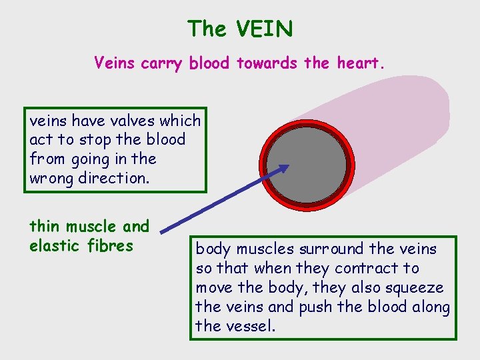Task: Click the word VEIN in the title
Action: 264,29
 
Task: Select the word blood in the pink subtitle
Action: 209,64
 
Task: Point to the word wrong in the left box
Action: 52,179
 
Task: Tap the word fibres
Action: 111,245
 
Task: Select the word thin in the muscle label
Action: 43,227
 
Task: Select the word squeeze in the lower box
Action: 418,288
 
